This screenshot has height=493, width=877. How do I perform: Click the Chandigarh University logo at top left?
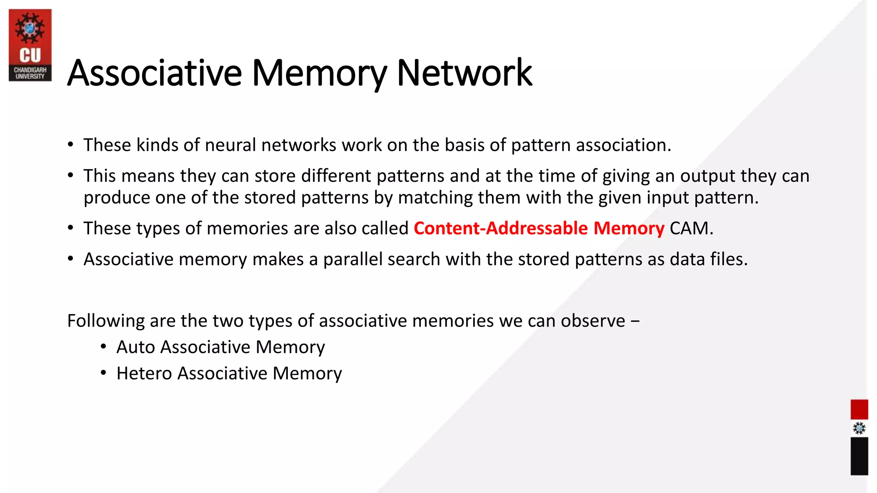(x=30, y=45)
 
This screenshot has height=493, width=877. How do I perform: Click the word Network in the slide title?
(x=464, y=73)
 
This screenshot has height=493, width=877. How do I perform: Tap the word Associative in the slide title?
(x=155, y=73)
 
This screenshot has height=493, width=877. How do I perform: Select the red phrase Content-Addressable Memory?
(x=539, y=228)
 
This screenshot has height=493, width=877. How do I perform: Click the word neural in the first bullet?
(x=230, y=145)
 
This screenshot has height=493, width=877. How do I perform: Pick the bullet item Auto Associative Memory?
(x=221, y=347)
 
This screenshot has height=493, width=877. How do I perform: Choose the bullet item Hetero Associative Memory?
(x=229, y=374)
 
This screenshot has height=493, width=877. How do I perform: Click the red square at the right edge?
(x=859, y=410)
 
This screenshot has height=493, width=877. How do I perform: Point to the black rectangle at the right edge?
(x=859, y=456)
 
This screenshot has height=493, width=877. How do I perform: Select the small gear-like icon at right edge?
(x=859, y=428)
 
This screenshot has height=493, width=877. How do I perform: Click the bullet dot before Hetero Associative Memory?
(x=103, y=373)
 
